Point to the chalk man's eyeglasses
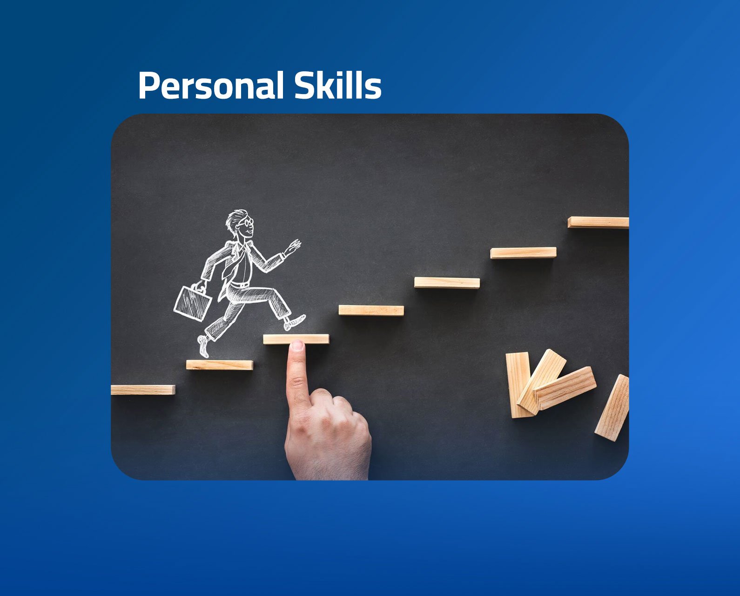[247, 222]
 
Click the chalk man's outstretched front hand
[292, 247]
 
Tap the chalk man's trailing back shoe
[203, 346]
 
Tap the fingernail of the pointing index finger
[297, 345]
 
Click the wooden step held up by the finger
[296, 339]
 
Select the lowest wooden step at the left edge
[143, 390]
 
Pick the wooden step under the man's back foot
[219, 365]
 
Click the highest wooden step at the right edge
[598, 222]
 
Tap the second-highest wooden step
[523, 252]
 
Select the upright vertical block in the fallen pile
[518, 385]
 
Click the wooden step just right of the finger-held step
[371, 311]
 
